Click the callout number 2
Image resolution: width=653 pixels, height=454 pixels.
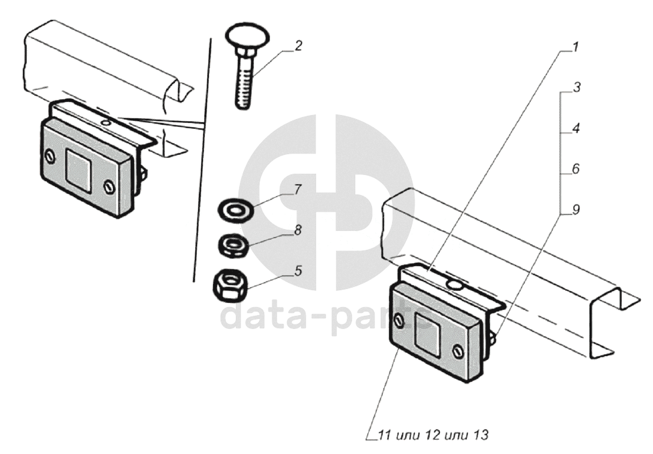click(298, 46)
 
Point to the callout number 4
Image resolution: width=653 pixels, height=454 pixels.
click(575, 128)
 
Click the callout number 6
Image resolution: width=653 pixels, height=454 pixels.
click(575, 169)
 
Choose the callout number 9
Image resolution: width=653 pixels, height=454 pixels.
click(575, 209)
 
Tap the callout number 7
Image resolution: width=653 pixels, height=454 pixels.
click(297, 190)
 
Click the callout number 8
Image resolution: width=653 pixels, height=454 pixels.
click(298, 231)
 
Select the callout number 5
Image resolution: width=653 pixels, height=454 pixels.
click(298, 271)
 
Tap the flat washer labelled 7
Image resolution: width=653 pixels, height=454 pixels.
click(236, 209)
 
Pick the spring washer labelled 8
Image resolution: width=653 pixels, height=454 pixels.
click(234, 245)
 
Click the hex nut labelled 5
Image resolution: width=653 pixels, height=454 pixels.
click(230, 285)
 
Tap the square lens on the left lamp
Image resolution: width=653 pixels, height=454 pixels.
click(78, 170)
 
